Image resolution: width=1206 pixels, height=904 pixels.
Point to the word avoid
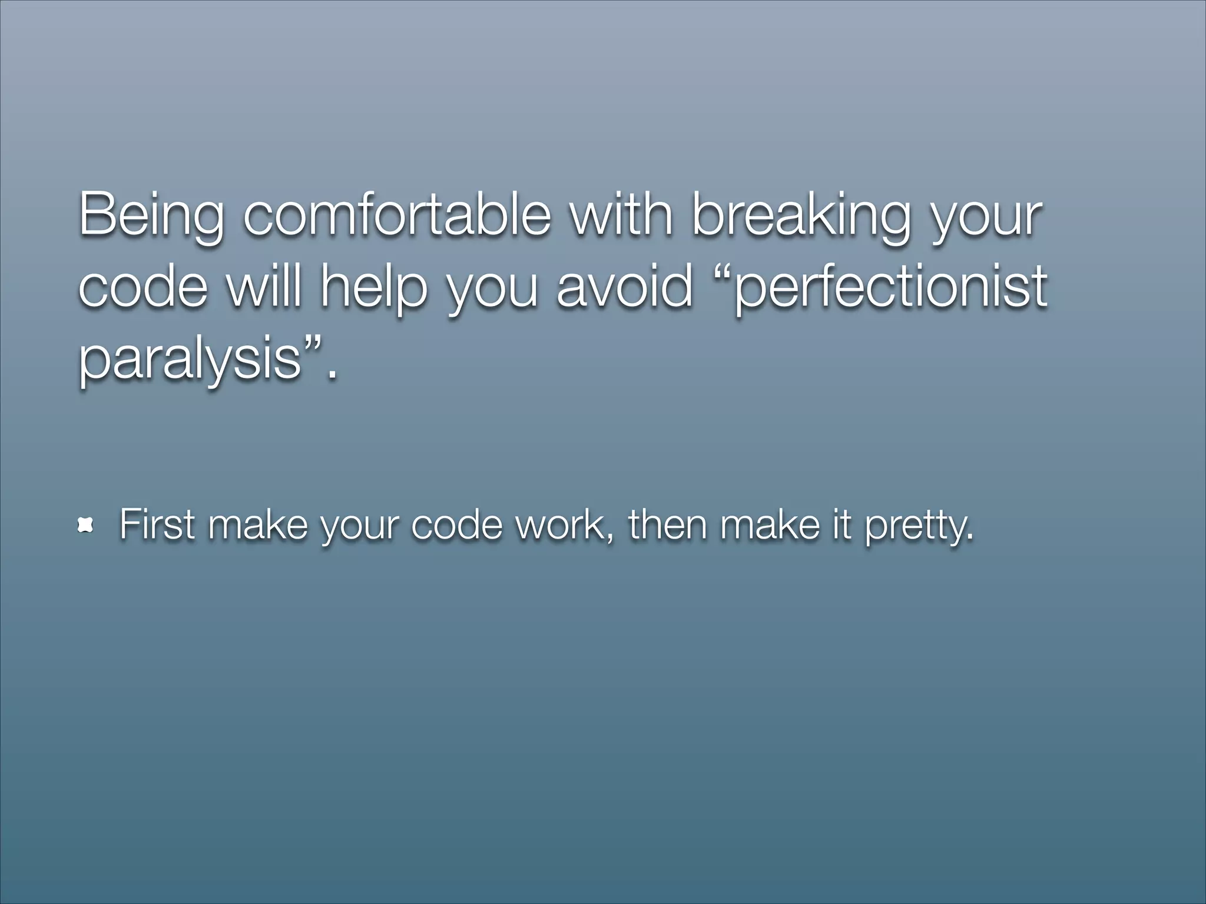624,287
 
